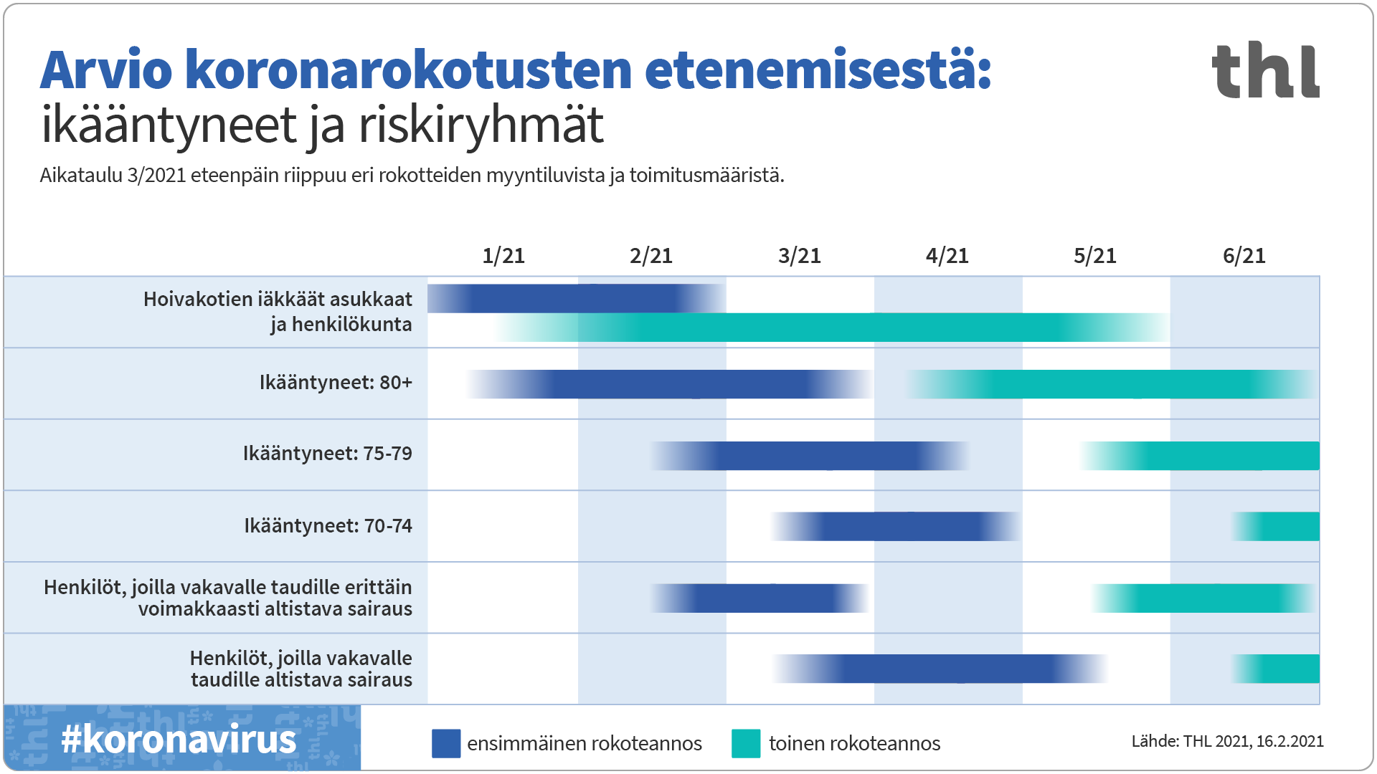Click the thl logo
pyautogui.click(x=1265, y=70)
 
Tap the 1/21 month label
pyautogui.click(x=503, y=256)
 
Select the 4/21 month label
pyautogui.click(x=947, y=256)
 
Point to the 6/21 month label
pyautogui.click(x=1244, y=256)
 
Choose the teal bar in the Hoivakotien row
pyautogui.click(x=832, y=328)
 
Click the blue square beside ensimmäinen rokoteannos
pyautogui.click(x=445, y=743)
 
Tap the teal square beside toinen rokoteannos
pyautogui.click(x=746, y=743)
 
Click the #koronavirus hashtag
pyautogui.click(x=179, y=739)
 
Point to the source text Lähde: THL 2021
pyautogui.click(x=1227, y=741)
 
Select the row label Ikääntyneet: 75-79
pyautogui.click(x=327, y=454)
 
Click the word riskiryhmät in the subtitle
pyautogui.click(x=481, y=125)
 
